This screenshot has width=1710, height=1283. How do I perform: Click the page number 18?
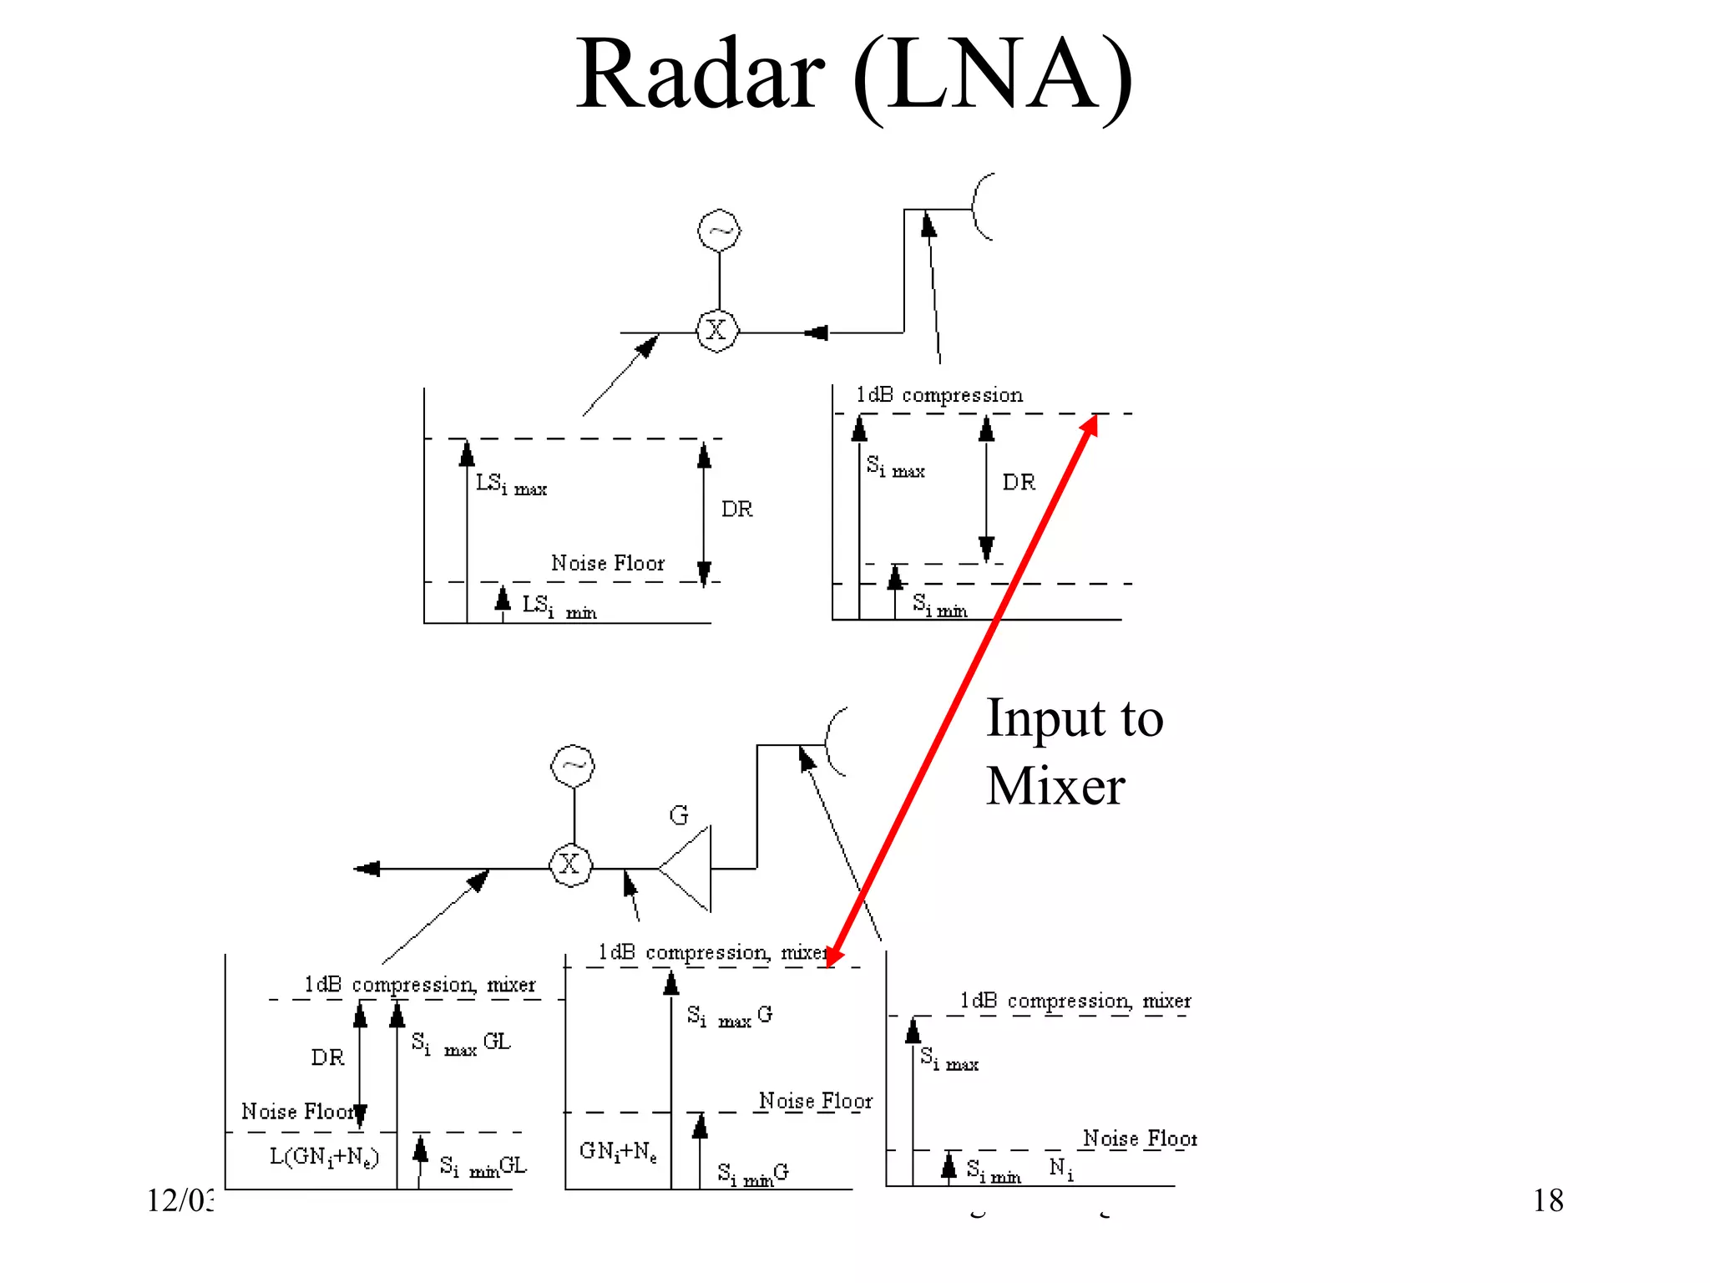(1547, 1200)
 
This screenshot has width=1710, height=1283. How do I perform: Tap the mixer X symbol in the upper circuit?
(716, 331)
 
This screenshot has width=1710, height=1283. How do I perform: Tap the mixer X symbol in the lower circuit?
(570, 865)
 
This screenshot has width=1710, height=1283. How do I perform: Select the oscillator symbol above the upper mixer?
(719, 231)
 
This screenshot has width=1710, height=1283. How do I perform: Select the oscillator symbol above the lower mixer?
(573, 767)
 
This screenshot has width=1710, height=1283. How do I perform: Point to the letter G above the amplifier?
(679, 815)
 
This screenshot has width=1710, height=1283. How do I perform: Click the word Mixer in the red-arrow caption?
(1055, 787)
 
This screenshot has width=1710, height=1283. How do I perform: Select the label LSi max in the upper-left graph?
(510, 484)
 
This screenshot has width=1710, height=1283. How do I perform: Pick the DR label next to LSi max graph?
(736, 509)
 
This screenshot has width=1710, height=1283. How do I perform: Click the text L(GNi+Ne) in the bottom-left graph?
(324, 1157)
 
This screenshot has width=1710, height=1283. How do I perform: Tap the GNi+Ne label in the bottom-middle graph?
(618, 1151)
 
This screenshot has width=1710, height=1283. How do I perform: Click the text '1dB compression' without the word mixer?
(938, 395)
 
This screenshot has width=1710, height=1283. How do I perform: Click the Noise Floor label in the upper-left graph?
(607, 563)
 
